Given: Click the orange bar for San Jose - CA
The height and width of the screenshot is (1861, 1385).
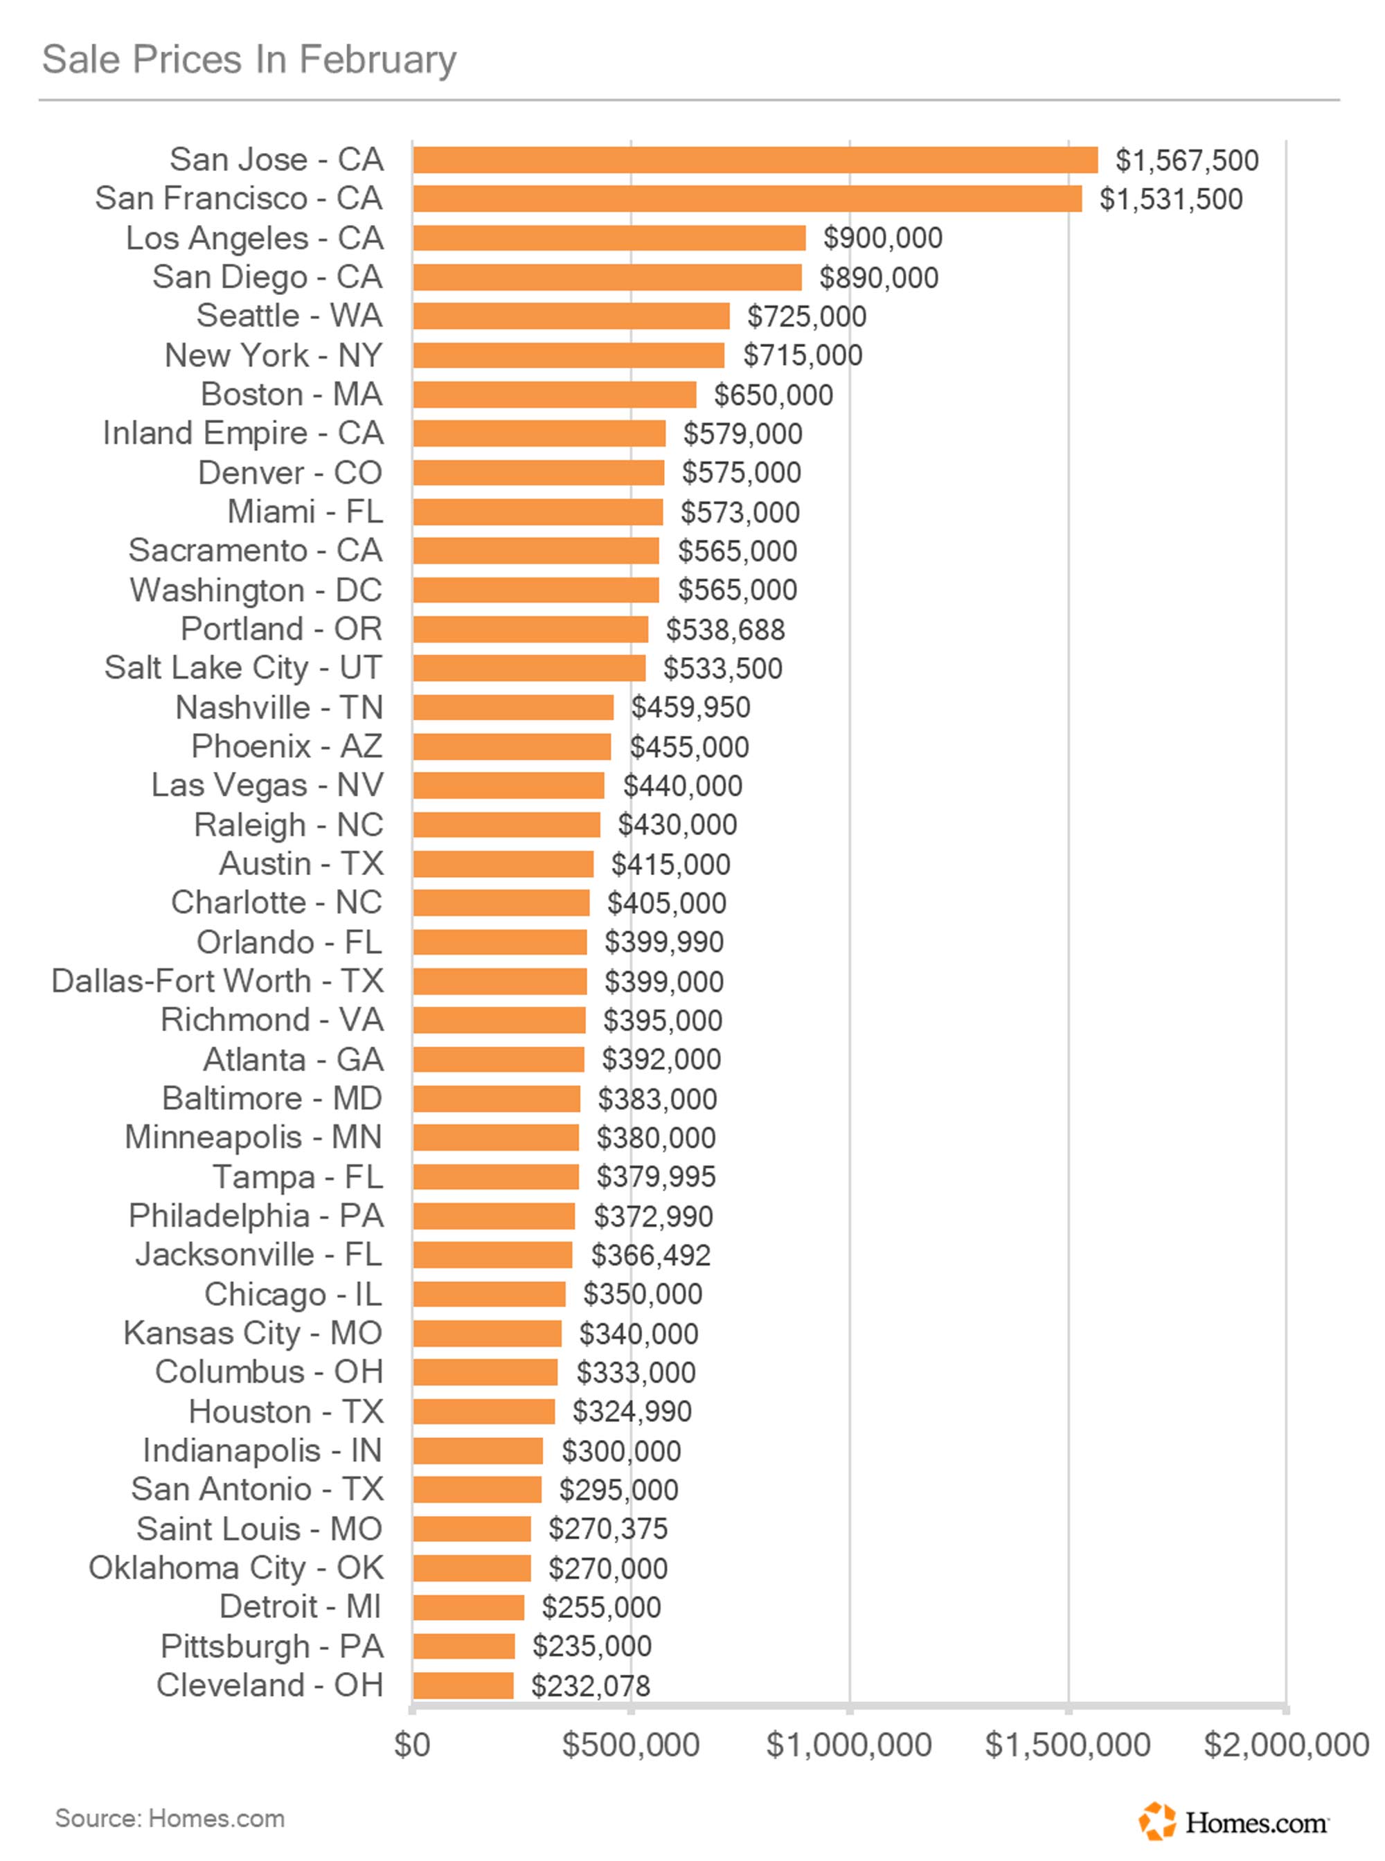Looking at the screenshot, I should (x=755, y=159).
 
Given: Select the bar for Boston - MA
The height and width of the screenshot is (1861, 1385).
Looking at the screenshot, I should (x=554, y=394).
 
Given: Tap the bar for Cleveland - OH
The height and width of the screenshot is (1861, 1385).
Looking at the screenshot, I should (x=463, y=1685).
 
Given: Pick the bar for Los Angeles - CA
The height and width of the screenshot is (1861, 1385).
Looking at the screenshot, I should (x=609, y=237).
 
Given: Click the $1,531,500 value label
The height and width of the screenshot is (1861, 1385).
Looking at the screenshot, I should (x=1170, y=199).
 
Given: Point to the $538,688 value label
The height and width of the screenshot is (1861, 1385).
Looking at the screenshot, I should (x=725, y=629).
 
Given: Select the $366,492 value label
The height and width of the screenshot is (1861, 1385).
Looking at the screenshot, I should (x=650, y=1255).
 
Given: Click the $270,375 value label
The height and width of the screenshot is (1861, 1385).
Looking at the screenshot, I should (x=608, y=1528).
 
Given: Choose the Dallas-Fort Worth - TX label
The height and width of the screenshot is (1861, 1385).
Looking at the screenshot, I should (x=217, y=981).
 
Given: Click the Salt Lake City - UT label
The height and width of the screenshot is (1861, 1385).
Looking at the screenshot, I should (x=243, y=668).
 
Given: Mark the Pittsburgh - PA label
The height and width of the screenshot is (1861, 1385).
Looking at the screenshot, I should (x=271, y=1646).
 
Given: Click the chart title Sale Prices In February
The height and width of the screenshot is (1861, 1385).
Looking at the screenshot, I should (x=249, y=60).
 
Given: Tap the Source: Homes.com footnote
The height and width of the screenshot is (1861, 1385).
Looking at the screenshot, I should (x=170, y=1818).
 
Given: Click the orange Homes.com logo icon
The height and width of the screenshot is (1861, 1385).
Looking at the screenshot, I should (x=1157, y=1821).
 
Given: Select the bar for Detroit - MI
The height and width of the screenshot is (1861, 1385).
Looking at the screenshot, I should (x=468, y=1607).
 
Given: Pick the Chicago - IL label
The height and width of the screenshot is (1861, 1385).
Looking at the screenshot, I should (x=294, y=1293).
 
